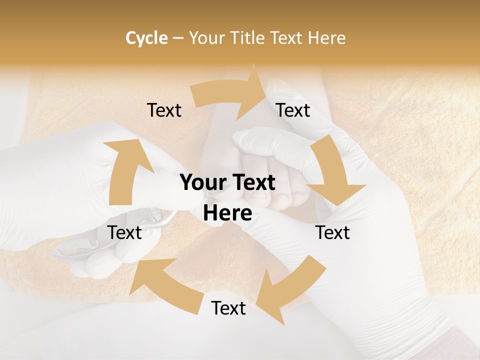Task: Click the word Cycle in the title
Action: (x=146, y=38)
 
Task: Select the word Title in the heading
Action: (x=249, y=38)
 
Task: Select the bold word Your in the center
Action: (x=199, y=182)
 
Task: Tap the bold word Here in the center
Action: (x=227, y=213)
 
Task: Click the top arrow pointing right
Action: (x=230, y=93)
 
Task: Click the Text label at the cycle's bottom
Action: (x=228, y=308)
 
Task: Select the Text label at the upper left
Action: (x=164, y=110)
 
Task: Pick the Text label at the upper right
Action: (x=293, y=110)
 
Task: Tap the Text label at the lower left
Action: (x=125, y=232)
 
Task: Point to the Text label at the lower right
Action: (x=332, y=232)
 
